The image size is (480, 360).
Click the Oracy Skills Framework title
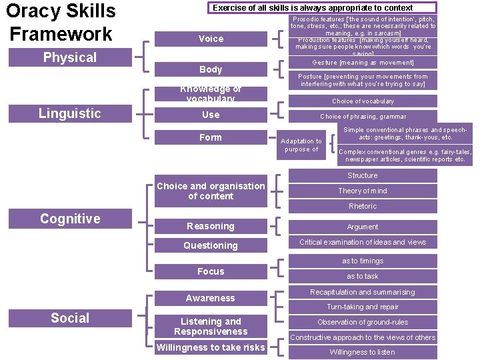coord(61,22)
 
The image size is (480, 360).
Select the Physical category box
coord(70,57)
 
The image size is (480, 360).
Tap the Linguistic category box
coord(70,113)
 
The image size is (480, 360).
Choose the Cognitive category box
coord(70,219)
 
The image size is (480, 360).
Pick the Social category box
coord(70,318)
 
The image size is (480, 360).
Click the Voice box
coord(211,39)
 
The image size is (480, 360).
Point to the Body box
coord(211,69)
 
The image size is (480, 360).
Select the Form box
coord(211,137)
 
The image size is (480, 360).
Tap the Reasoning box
coord(211,226)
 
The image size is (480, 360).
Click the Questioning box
coord(211,245)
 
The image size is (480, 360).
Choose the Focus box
coord(211,271)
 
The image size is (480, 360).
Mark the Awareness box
coord(211,298)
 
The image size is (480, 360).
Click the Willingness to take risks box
coord(211,347)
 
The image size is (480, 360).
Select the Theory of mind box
coord(363,191)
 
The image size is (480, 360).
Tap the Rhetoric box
coord(363,206)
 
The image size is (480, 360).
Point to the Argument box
coord(363,227)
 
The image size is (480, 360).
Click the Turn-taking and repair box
coord(363,307)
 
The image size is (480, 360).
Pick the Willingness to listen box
coord(363,352)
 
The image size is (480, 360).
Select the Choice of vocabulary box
coord(363,101)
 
